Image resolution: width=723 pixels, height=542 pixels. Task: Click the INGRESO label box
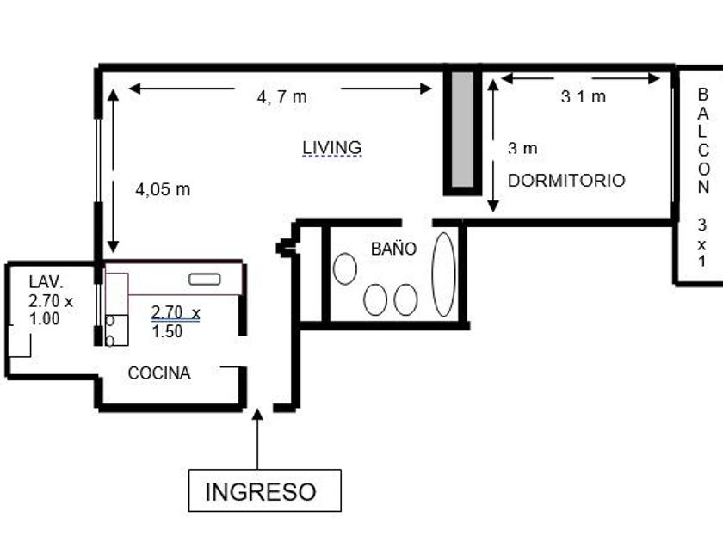pos(265,490)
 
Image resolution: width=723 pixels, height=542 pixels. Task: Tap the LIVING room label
pos(332,147)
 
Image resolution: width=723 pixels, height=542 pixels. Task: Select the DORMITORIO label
pos(566,180)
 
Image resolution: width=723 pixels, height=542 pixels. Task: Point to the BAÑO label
pos(393,249)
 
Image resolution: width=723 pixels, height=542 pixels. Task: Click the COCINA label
pos(159,373)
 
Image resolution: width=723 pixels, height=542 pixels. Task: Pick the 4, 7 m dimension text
pos(281,97)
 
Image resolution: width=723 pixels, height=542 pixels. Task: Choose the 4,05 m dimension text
pos(163,189)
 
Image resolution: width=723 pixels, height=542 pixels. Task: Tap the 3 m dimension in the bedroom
pos(522,148)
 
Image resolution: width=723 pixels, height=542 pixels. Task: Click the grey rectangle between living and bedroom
pos(462,130)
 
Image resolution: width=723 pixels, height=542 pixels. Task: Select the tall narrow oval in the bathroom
pos(443,274)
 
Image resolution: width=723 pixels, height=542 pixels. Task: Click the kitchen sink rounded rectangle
pos(205,279)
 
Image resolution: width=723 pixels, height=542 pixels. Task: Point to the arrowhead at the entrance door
pos(257,414)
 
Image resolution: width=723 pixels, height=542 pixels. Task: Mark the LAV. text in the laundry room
pos(46,281)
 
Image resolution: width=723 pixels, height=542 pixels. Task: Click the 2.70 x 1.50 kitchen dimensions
pos(176,322)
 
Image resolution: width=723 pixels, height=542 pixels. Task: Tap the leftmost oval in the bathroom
pos(345,268)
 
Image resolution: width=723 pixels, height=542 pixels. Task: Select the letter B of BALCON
pos(702,95)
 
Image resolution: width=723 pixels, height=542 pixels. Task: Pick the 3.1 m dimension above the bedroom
pos(584,96)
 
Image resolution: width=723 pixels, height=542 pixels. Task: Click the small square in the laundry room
pos(19,341)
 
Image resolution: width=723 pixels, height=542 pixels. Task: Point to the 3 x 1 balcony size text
pos(701,243)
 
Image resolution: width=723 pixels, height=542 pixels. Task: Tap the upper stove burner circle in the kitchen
pos(110,321)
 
